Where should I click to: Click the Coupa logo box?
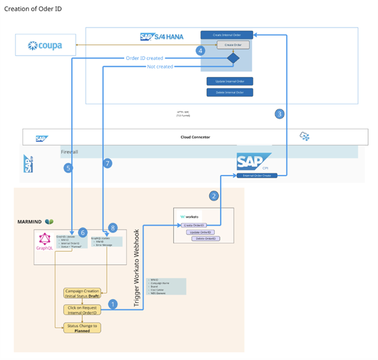click(46, 46)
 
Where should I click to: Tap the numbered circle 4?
click(200, 51)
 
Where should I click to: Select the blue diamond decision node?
click(232, 59)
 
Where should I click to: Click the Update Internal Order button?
click(230, 81)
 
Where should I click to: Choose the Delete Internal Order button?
click(230, 92)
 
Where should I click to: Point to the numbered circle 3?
click(279, 114)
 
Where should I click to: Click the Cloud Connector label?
click(191, 136)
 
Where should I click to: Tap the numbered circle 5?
click(68, 168)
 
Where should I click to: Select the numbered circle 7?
click(108, 163)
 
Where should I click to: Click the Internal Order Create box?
click(257, 176)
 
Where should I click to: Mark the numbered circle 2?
click(214, 196)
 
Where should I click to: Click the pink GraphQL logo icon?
click(46, 239)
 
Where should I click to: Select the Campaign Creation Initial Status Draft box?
click(82, 294)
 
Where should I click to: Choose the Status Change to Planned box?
click(81, 327)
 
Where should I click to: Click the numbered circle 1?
click(113, 304)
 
